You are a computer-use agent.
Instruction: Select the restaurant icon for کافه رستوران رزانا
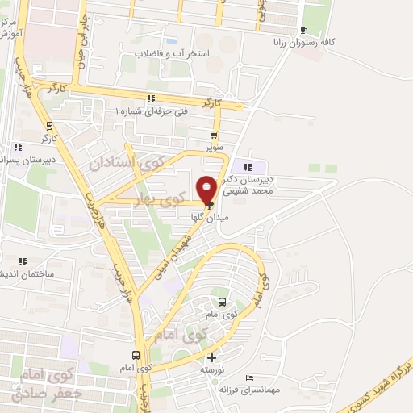303,30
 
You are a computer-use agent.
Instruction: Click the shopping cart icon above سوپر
214,136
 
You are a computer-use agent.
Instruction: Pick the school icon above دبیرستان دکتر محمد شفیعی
240,166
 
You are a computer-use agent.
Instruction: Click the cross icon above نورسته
211,357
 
